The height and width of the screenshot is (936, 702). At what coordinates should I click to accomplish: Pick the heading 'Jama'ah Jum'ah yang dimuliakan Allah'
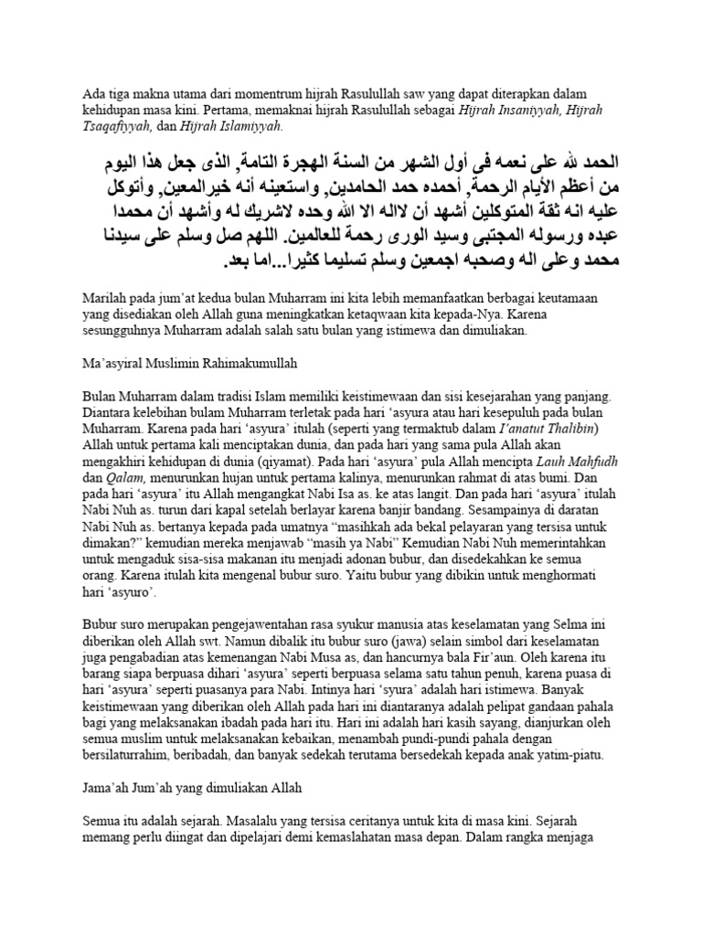click(x=191, y=786)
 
